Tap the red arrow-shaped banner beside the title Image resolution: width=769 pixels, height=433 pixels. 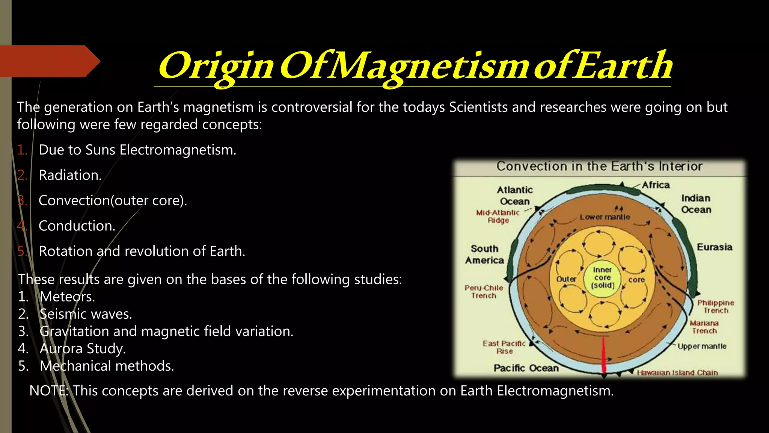point(49,61)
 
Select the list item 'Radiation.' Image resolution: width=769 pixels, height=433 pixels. point(70,175)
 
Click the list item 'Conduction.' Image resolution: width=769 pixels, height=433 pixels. point(77,226)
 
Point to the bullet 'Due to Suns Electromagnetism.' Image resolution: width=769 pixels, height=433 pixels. point(137,150)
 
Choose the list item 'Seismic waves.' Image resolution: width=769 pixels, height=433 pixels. point(86,314)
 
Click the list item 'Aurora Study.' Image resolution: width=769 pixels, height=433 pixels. point(83,348)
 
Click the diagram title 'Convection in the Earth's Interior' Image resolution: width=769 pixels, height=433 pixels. point(599,166)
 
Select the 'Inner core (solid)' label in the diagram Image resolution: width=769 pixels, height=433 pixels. point(602,278)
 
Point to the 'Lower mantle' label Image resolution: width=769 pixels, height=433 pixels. point(605,217)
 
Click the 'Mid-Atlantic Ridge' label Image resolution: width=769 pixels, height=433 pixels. point(498,216)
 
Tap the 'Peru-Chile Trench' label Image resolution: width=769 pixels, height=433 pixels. point(484,292)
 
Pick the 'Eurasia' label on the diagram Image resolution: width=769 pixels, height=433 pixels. point(714,247)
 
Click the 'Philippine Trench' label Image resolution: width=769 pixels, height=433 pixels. point(715,306)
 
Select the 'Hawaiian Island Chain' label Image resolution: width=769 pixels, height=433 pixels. point(677,372)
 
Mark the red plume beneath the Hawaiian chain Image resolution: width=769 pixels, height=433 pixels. point(604,355)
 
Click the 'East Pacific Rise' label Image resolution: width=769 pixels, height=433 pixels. point(504,347)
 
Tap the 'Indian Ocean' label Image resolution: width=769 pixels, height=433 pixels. point(696,204)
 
